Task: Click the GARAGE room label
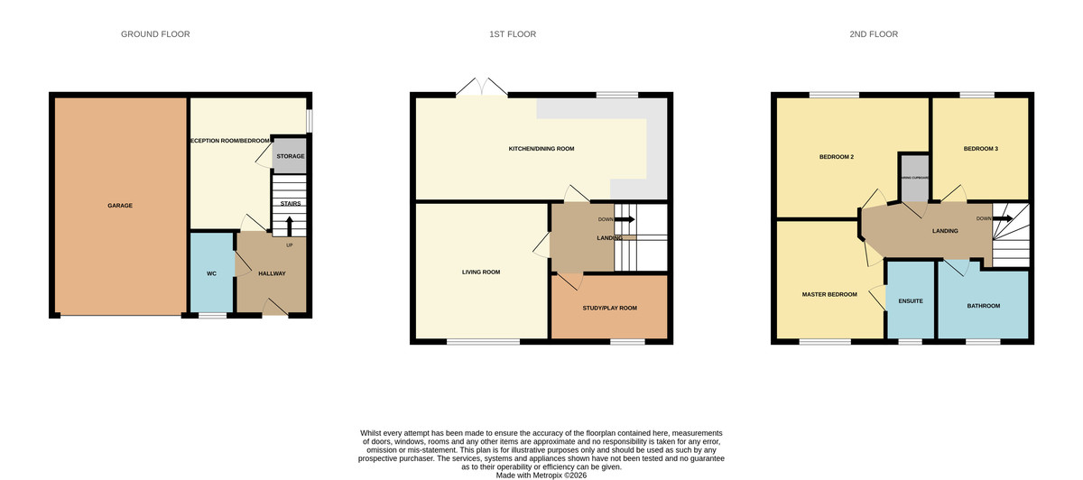click(x=120, y=206)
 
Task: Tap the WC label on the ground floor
click(x=211, y=273)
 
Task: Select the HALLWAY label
click(x=272, y=273)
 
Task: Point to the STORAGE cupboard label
click(x=290, y=156)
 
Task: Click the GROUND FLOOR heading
click(x=155, y=34)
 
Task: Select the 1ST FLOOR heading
click(x=512, y=34)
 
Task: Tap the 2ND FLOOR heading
click(x=874, y=34)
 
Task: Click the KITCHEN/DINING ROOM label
click(x=541, y=149)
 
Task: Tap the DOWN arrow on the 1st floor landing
click(x=625, y=219)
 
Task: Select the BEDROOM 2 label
click(x=836, y=157)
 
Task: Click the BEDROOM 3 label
click(x=980, y=149)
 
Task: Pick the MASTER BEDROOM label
click(x=829, y=294)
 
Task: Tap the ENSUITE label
click(x=910, y=300)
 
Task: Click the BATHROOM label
click(x=984, y=306)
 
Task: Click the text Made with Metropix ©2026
click(x=541, y=475)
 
